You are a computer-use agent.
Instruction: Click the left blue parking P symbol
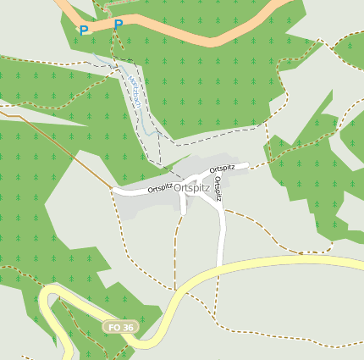[x=84, y=30]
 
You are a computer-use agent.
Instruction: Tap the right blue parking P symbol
[x=118, y=25]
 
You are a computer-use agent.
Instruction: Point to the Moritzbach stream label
[x=135, y=91]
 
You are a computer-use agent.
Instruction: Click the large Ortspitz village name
[x=191, y=188]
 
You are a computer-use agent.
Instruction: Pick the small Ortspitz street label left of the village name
[x=160, y=187]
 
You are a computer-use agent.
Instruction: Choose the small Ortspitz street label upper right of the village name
[x=222, y=169]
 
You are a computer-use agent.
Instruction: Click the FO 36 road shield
[x=119, y=327]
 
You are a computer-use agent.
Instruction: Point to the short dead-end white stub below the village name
[x=184, y=207]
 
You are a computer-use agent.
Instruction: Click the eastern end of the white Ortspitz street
[x=247, y=165]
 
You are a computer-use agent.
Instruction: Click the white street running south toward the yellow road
[x=223, y=233]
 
